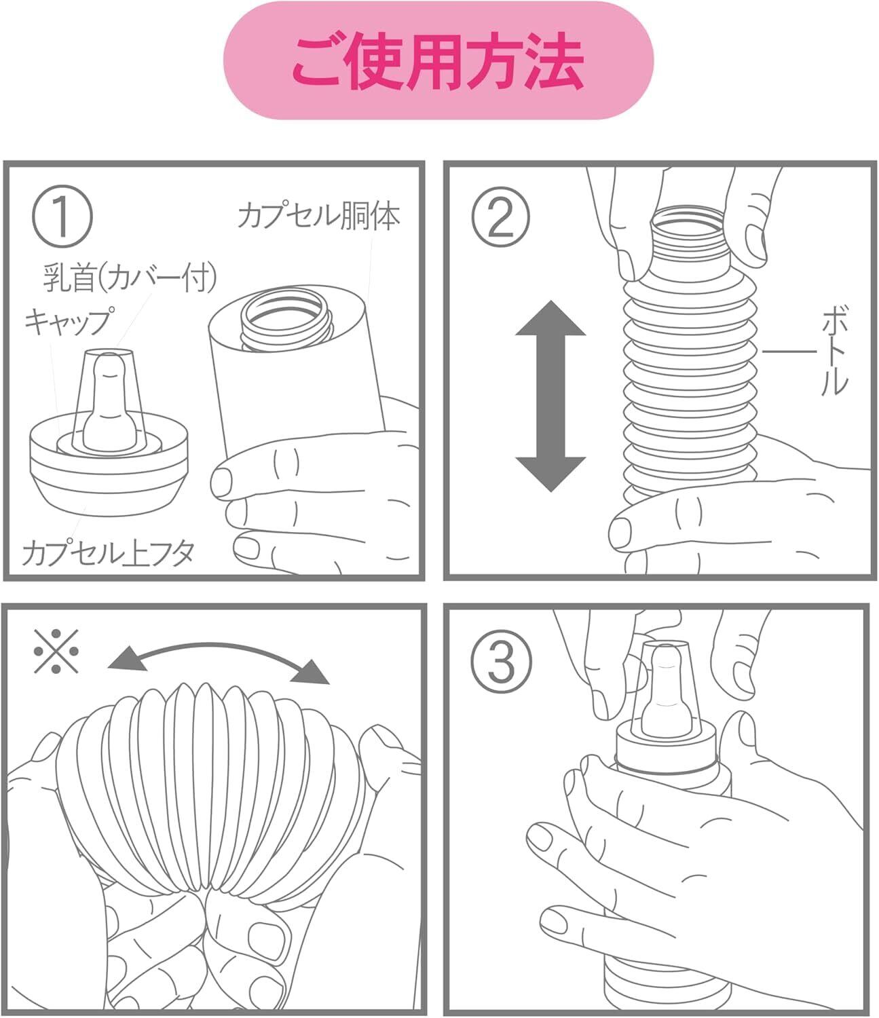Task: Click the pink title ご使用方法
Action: click(x=438, y=61)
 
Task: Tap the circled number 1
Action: click(x=62, y=217)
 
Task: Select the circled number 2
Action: click(x=501, y=217)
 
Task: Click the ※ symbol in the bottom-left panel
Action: click(x=56, y=651)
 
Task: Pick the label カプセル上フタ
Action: click(x=108, y=553)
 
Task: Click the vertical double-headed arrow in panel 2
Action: click(x=550, y=396)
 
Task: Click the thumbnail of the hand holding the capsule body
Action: click(x=221, y=482)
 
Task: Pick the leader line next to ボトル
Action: click(x=789, y=352)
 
